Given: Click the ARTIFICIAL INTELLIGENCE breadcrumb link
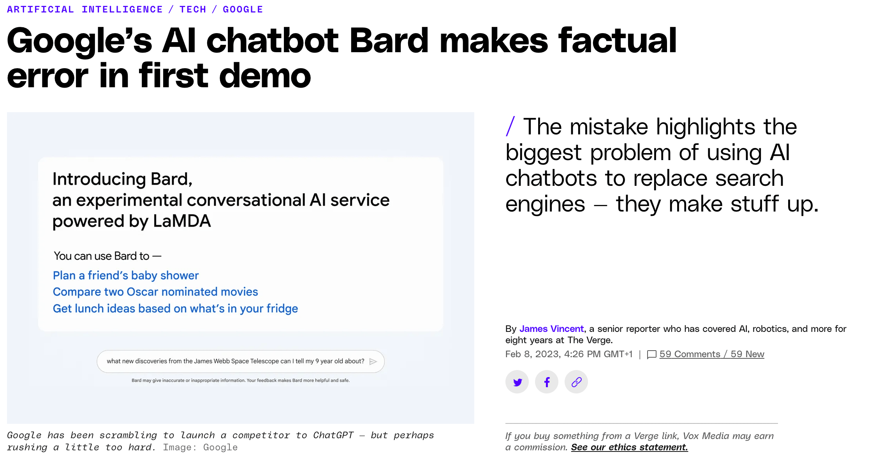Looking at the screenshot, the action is click(x=85, y=9).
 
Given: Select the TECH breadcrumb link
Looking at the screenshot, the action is click(x=193, y=9).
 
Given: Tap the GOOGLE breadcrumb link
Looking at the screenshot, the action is click(x=243, y=9).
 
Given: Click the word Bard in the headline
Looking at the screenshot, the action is click(x=389, y=41).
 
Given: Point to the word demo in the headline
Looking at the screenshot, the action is click(x=265, y=76).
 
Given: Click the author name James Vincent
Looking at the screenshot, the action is click(x=551, y=329).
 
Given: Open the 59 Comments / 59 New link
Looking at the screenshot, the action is click(x=712, y=354).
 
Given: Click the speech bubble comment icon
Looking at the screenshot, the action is click(x=651, y=354).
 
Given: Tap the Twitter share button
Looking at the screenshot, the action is click(x=517, y=382).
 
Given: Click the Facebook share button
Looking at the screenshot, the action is click(x=547, y=382).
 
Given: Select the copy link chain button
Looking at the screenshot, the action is click(x=576, y=382).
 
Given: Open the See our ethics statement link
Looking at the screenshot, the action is click(x=630, y=447).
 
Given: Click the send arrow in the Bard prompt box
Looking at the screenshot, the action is click(x=373, y=361).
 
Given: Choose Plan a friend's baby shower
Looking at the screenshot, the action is click(x=126, y=275).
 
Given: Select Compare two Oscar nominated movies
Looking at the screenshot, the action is click(x=155, y=292).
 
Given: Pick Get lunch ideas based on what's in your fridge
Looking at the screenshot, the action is click(x=175, y=309).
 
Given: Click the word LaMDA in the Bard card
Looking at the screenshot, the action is click(x=182, y=221).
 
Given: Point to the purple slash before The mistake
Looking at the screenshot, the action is click(x=510, y=126).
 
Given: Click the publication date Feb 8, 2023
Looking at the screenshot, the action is click(x=532, y=354).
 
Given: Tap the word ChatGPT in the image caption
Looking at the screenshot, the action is click(x=333, y=435).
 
